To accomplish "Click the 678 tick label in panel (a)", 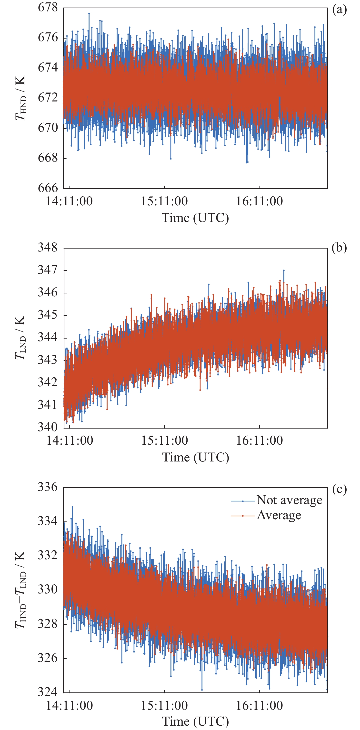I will point(48,7).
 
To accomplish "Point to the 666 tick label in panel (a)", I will point(48,188).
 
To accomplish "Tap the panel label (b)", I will point(339,248).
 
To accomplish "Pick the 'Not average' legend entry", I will point(289,500).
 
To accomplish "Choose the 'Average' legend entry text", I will point(279,515).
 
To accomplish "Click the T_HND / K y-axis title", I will point(20,98).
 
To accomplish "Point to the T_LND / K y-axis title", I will point(20,338).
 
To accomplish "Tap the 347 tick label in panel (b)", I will point(48,270).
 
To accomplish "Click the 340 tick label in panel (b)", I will point(48,427).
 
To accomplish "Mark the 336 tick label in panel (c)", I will point(48,487).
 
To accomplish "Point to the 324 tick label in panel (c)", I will point(48,692).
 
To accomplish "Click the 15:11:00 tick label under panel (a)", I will point(164,201).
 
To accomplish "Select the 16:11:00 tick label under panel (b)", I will point(259,441).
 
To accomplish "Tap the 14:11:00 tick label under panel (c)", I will point(69,706).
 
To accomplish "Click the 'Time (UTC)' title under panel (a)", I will point(195,218).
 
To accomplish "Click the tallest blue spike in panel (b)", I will point(284,271).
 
